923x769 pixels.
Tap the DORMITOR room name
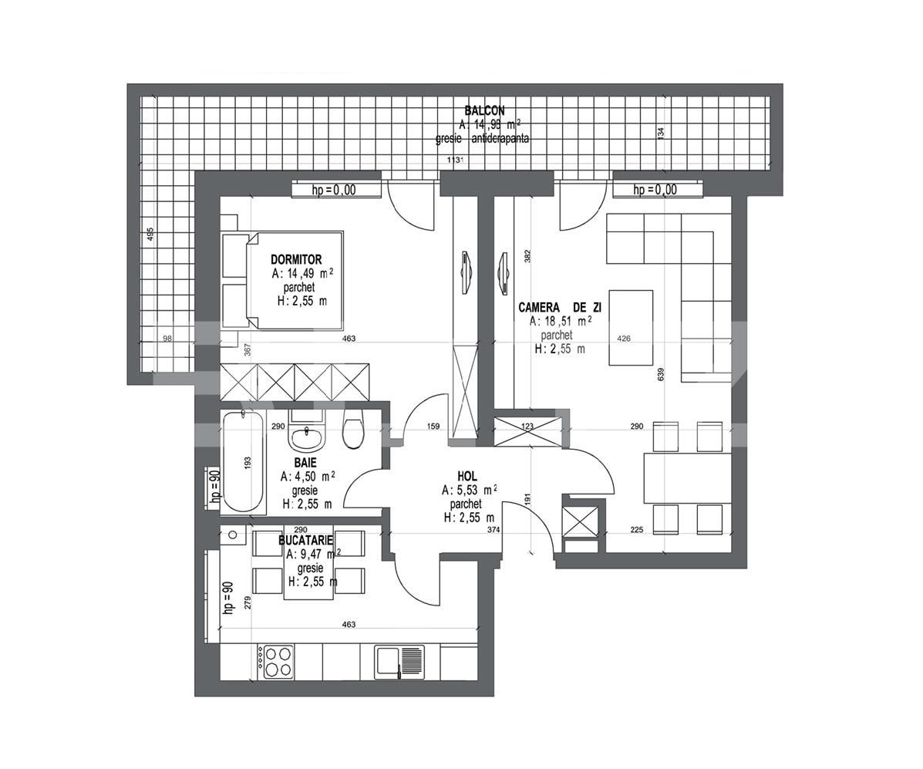pyautogui.click(x=296, y=260)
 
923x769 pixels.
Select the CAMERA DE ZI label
pyautogui.click(x=561, y=307)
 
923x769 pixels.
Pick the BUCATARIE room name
pyautogui.click(x=305, y=541)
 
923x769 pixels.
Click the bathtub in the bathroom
pyautogui.click(x=244, y=462)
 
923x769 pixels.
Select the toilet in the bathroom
pyautogui.click(x=352, y=433)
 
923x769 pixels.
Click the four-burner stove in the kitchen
pyautogui.click(x=277, y=662)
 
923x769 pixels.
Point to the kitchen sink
pyautogui.click(x=399, y=662)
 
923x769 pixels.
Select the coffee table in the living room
pyautogui.click(x=631, y=327)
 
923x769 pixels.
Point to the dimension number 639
pyautogui.click(x=661, y=374)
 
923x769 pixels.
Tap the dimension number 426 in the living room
pyautogui.click(x=623, y=338)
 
